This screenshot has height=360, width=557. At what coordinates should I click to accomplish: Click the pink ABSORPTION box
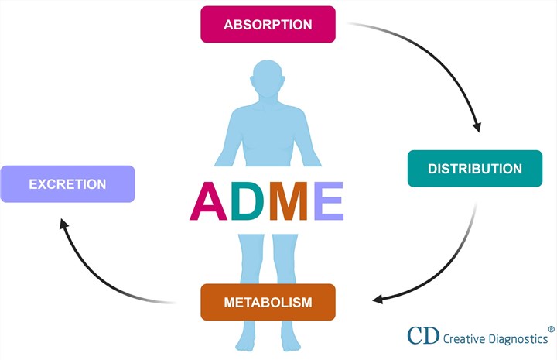[268, 24]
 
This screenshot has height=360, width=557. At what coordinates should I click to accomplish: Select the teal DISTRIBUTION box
[474, 169]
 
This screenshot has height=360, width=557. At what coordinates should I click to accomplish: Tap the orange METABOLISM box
[268, 302]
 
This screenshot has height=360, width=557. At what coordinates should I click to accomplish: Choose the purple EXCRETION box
[67, 184]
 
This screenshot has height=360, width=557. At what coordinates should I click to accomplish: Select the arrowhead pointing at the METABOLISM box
[379, 300]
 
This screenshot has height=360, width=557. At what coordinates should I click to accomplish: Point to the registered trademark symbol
[551, 328]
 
